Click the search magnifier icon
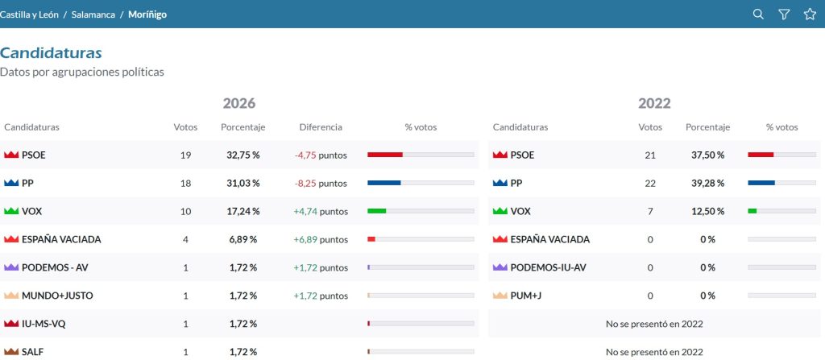pyautogui.click(x=758, y=14)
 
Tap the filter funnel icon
pyautogui.click(x=784, y=14)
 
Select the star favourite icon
pyautogui.click(x=810, y=14)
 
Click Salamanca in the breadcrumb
pyautogui.click(x=93, y=14)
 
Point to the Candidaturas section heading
pyautogui.click(x=51, y=53)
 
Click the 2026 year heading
pyautogui.click(x=239, y=103)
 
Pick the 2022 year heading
pyautogui.click(x=654, y=103)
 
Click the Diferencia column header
pyautogui.click(x=321, y=127)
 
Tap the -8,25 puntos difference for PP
pyautogui.click(x=321, y=184)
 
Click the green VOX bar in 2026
pyautogui.click(x=377, y=211)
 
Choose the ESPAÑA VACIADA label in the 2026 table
pyautogui.click(x=61, y=239)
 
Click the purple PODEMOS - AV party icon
pyautogui.click(x=11, y=267)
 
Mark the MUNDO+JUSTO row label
pyautogui.click(x=57, y=296)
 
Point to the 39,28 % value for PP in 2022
pyautogui.click(x=707, y=184)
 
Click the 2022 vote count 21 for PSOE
pyautogui.click(x=650, y=155)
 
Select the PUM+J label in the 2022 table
pyautogui.click(x=525, y=296)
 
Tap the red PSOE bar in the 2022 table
pyautogui.click(x=761, y=155)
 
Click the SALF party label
pyautogui.click(x=32, y=352)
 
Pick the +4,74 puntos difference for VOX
pyautogui.click(x=321, y=212)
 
